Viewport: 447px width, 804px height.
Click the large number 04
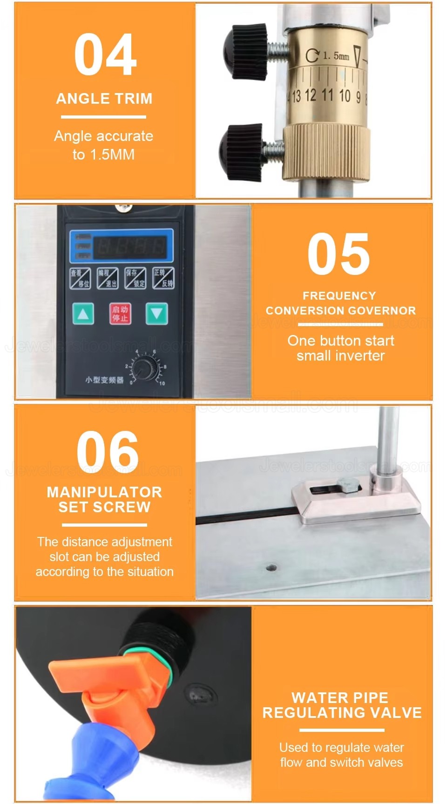[x=105, y=55]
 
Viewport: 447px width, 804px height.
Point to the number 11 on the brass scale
[x=327, y=95]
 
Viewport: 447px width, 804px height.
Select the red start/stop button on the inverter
[x=120, y=314]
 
